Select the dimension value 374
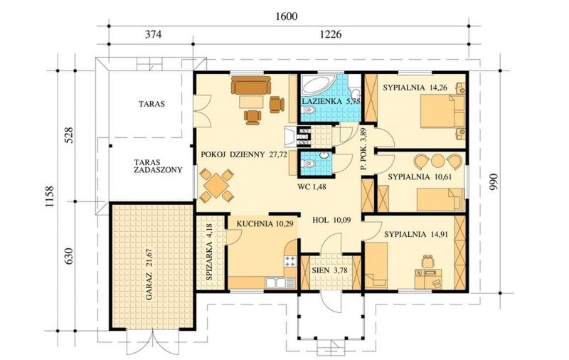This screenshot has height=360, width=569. click(x=150, y=33)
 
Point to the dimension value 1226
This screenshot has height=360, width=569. click(x=333, y=33)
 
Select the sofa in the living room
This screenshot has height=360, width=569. click(x=250, y=87)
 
